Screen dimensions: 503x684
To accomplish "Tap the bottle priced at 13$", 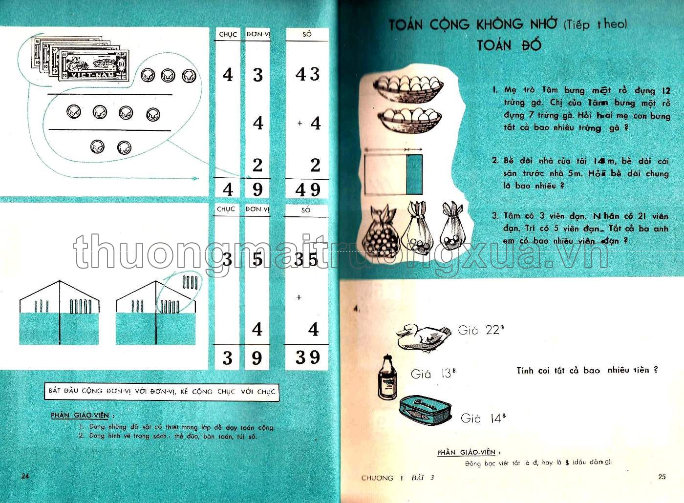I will tap(387, 377).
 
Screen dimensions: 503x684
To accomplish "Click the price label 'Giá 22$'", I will tap(480, 331).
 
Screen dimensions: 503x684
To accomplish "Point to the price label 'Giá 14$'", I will tap(483, 418).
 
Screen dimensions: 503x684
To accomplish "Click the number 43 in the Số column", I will tap(307, 75).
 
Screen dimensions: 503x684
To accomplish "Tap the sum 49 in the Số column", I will tap(307, 189).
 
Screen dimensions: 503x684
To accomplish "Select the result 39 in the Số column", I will tap(307, 357).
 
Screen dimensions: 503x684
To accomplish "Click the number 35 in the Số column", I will tap(306, 259).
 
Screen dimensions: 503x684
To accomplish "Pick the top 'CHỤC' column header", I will tap(228, 35).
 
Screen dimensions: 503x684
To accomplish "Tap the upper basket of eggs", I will tap(408, 87).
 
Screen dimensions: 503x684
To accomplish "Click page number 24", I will tap(25, 476).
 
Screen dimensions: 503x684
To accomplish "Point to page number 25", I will tap(662, 477).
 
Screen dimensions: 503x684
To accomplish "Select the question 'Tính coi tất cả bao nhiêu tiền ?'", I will tap(587, 370).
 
